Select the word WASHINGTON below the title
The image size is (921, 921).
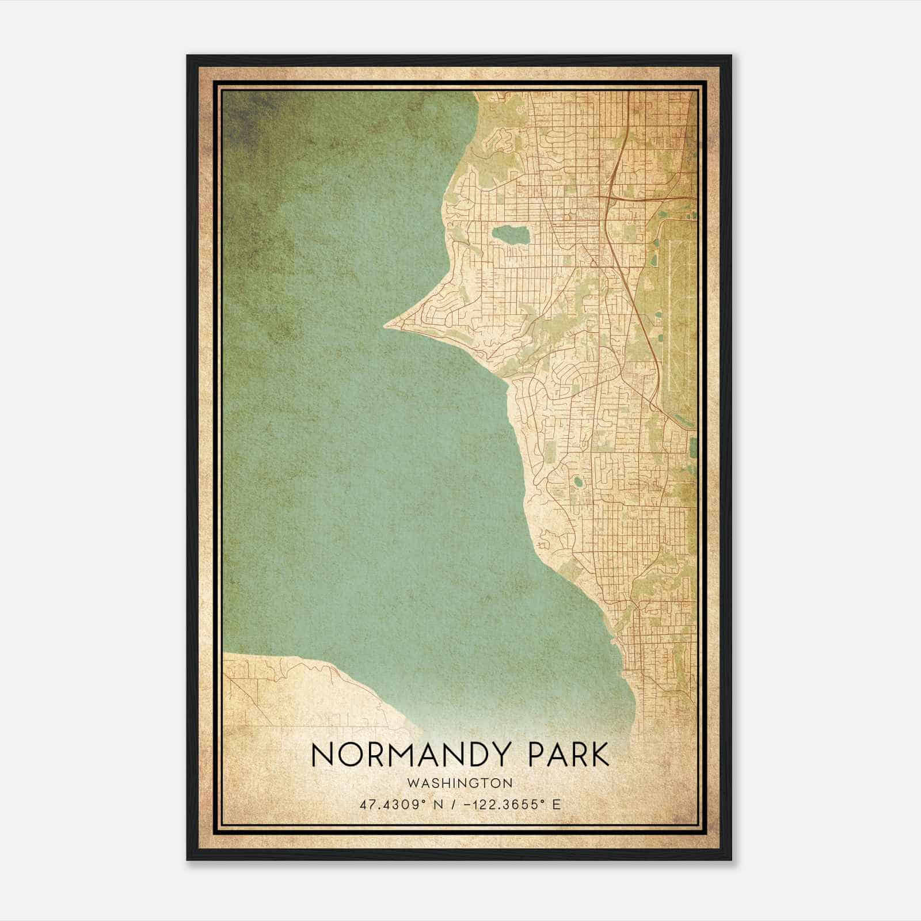point(459,783)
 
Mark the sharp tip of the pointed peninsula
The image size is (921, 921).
point(386,326)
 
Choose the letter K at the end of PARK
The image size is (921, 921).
point(600,755)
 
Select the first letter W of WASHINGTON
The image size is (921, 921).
point(411,783)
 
